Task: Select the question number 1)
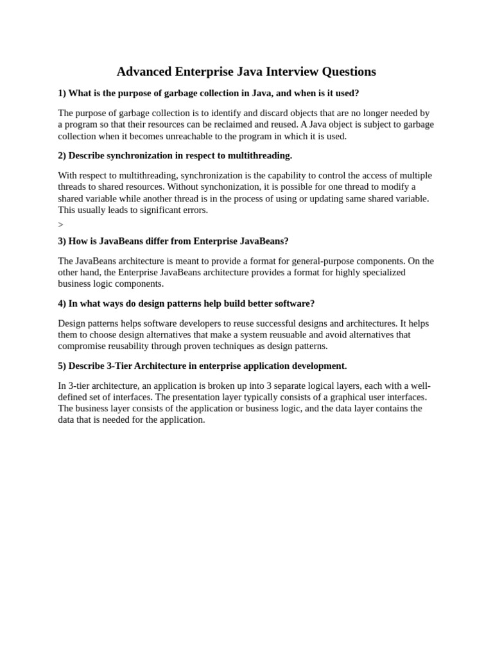pos(62,93)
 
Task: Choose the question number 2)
pos(62,155)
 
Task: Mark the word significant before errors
pos(154,210)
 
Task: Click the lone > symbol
pos(60,225)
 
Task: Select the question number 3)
pos(62,241)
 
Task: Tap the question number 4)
pos(62,303)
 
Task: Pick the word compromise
pos(81,346)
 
